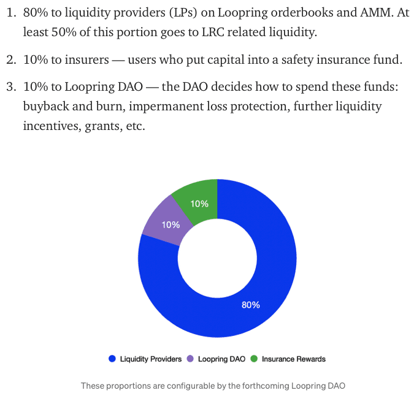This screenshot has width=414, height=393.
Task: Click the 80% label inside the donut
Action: tap(251, 305)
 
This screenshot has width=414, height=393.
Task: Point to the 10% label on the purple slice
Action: tap(171, 224)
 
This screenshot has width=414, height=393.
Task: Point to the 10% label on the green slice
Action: tap(199, 204)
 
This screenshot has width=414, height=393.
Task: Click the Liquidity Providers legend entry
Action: tap(150, 359)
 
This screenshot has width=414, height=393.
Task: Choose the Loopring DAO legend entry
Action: tap(221, 359)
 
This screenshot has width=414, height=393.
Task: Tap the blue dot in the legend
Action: tap(112, 359)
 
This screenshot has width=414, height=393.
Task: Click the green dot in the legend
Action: tap(255, 359)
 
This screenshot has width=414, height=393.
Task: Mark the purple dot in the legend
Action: tap(190, 359)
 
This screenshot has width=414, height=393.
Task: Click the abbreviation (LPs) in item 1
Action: tap(178, 13)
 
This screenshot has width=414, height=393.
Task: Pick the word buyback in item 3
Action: tap(47, 106)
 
